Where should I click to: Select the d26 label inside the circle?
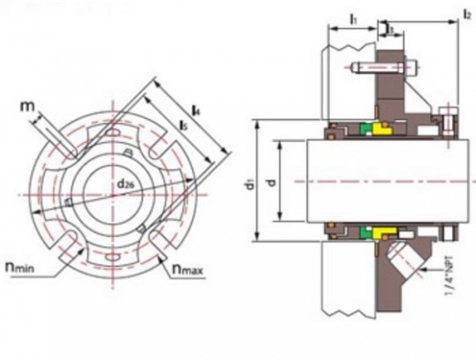click(x=126, y=184)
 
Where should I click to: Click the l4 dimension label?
click(x=196, y=108)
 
